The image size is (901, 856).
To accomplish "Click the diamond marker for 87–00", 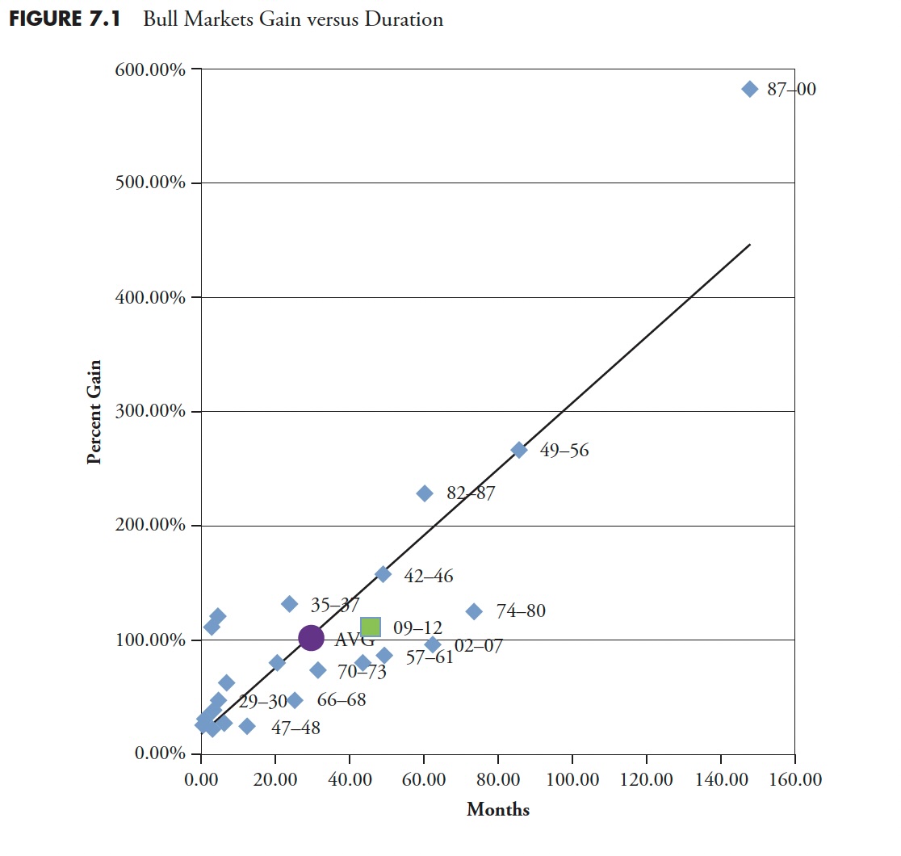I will (749, 89).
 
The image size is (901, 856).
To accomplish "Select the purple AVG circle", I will (311, 638).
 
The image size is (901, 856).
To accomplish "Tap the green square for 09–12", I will (371, 627).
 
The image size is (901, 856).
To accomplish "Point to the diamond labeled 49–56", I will (519, 450).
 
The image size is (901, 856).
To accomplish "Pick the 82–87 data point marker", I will (425, 493).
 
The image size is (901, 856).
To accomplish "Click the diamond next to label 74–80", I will (474, 611).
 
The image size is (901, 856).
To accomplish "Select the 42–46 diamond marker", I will (383, 574).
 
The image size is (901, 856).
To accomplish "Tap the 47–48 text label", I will (295, 728).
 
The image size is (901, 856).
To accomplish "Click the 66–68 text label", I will (341, 699).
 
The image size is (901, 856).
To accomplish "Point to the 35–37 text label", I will (335, 604).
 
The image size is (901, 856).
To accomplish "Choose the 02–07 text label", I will (478, 646).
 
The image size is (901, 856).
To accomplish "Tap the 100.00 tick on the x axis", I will (572, 780).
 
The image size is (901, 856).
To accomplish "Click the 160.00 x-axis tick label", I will (794, 780).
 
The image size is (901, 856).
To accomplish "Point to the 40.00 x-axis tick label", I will (350, 780).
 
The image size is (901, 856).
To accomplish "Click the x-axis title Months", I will (497, 810).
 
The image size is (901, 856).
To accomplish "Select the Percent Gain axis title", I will (94, 412).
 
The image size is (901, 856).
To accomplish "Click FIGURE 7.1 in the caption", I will (65, 19).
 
